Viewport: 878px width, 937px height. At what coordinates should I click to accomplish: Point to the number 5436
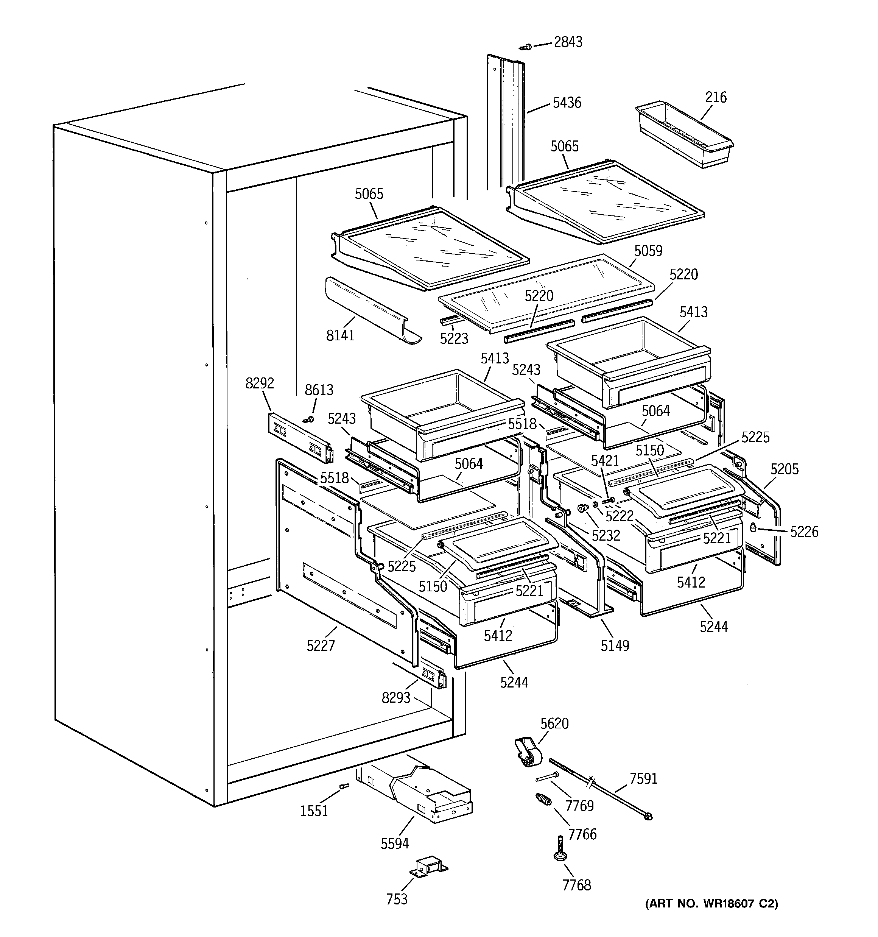(567, 103)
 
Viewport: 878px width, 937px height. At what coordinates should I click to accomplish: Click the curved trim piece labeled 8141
(372, 311)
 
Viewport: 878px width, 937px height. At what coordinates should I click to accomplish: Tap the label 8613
(319, 390)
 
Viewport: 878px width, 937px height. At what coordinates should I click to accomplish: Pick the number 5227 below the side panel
(321, 646)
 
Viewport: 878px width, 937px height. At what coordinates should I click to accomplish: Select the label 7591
(643, 779)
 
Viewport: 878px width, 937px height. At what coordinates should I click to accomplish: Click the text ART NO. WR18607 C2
(711, 904)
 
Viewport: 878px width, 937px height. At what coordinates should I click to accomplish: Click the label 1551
(314, 811)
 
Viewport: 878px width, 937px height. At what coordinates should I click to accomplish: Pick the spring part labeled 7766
(543, 800)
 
